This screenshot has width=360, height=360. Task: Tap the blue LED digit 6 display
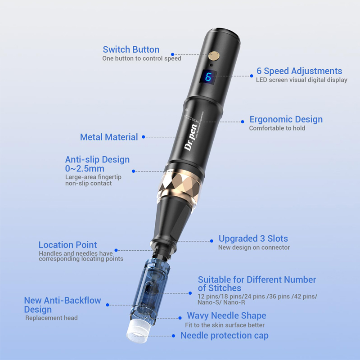point(208,77)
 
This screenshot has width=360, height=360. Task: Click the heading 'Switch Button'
point(131,49)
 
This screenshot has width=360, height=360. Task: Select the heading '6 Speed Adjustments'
point(299,71)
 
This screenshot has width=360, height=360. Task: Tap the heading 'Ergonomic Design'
point(286,119)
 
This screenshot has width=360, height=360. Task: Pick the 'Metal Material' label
point(109,137)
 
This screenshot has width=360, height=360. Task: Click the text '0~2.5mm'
point(85,169)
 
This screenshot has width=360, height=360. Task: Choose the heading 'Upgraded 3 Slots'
point(253,238)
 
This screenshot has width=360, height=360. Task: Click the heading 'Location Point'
point(67,245)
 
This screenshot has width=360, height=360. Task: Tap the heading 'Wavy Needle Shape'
point(226,315)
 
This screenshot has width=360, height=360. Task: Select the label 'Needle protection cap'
point(224,335)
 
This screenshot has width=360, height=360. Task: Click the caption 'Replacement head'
point(51,318)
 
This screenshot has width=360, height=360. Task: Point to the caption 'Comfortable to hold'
point(277,128)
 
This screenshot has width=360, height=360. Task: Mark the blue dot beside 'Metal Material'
point(143,137)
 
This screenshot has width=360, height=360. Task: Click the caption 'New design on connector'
point(254,247)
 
